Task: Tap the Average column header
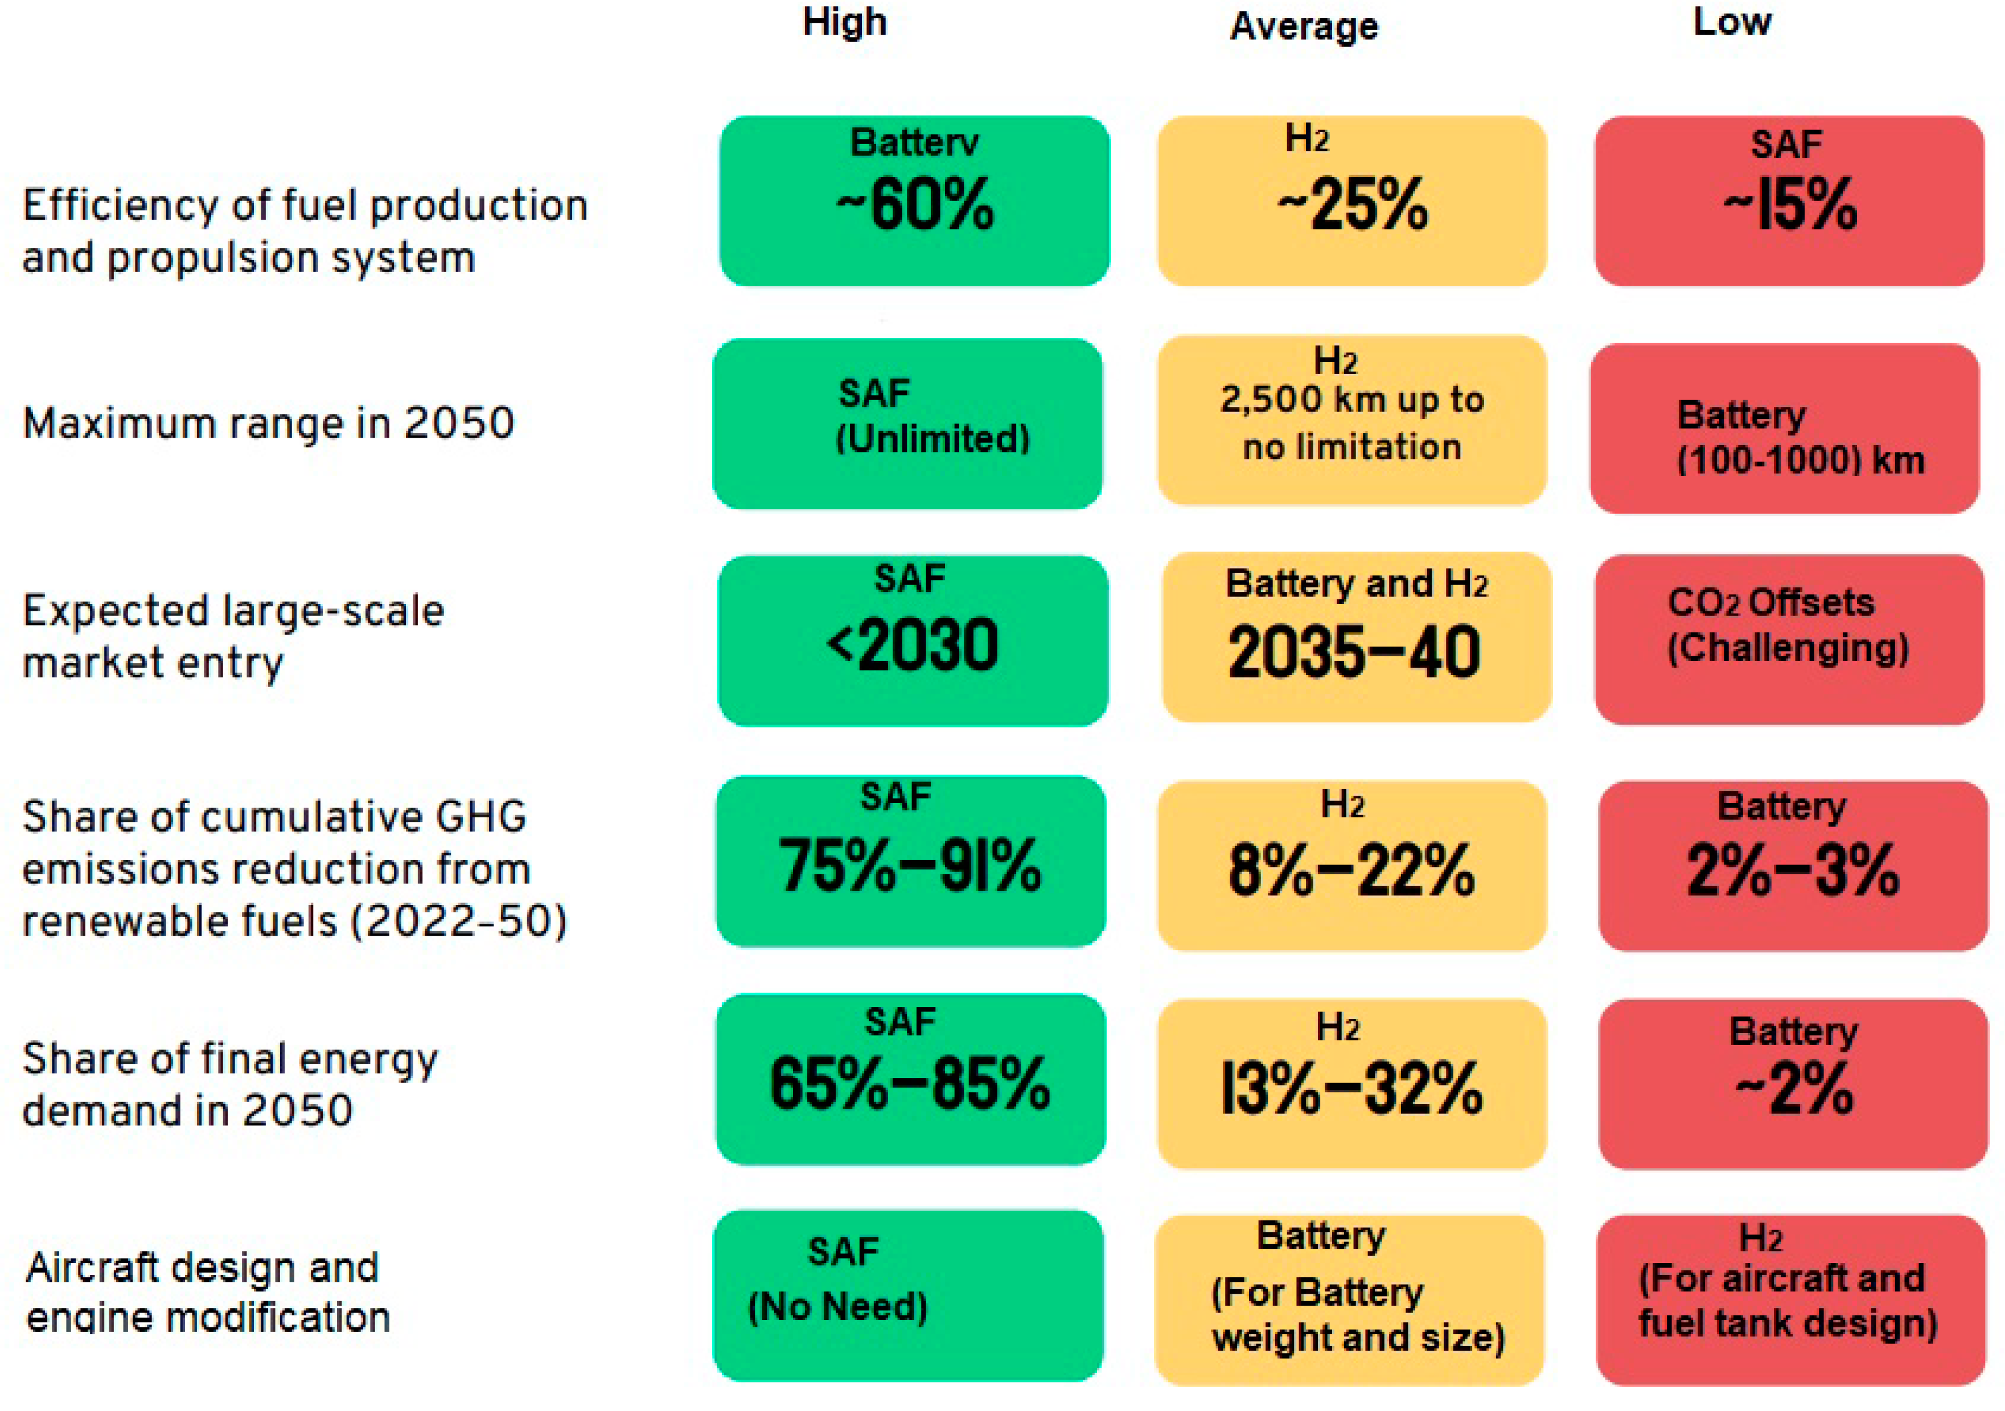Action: (x=1304, y=26)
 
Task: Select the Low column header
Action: (x=1732, y=22)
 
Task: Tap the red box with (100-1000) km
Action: (x=1785, y=429)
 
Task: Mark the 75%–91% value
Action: (x=910, y=865)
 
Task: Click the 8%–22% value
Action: (x=1352, y=870)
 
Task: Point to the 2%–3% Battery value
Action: (x=1793, y=870)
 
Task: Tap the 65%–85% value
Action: (x=910, y=1084)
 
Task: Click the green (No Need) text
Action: (x=837, y=1307)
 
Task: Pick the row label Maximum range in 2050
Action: (x=268, y=423)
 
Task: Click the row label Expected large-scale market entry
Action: (x=233, y=636)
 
